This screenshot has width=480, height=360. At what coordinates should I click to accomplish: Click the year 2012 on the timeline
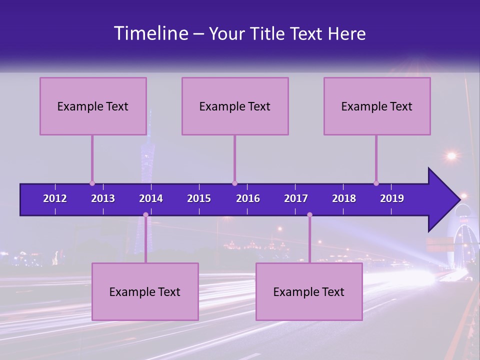[55, 198]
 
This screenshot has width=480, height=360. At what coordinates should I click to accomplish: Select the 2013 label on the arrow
[103, 198]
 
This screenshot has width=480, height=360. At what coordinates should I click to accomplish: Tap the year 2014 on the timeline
[151, 198]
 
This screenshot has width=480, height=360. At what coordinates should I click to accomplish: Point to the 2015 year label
[199, 198]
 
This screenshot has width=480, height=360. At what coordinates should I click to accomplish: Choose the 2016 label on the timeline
[248, 198]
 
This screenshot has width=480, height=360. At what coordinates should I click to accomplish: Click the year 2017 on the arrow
[296, 198]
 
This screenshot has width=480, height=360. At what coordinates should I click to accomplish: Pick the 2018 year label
[344, 198]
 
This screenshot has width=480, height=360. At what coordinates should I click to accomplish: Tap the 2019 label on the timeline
[392, 198]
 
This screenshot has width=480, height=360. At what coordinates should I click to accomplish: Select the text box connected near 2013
[93, 106]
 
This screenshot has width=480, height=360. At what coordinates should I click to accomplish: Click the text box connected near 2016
[235, 106]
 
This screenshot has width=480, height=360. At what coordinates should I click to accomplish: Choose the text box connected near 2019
[377, 106]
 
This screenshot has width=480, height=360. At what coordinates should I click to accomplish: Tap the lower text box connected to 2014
[145, 291]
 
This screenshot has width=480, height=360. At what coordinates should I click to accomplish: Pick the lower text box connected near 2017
[309, 291]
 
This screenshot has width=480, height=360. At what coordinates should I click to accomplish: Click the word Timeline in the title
[150, 33]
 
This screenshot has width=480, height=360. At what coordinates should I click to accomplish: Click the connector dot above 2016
[235, 183]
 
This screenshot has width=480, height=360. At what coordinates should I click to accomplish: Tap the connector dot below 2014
[145, 215]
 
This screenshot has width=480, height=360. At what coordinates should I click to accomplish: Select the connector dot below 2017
[309, 215]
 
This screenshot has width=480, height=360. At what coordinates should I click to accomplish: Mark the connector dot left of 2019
[376, 183]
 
